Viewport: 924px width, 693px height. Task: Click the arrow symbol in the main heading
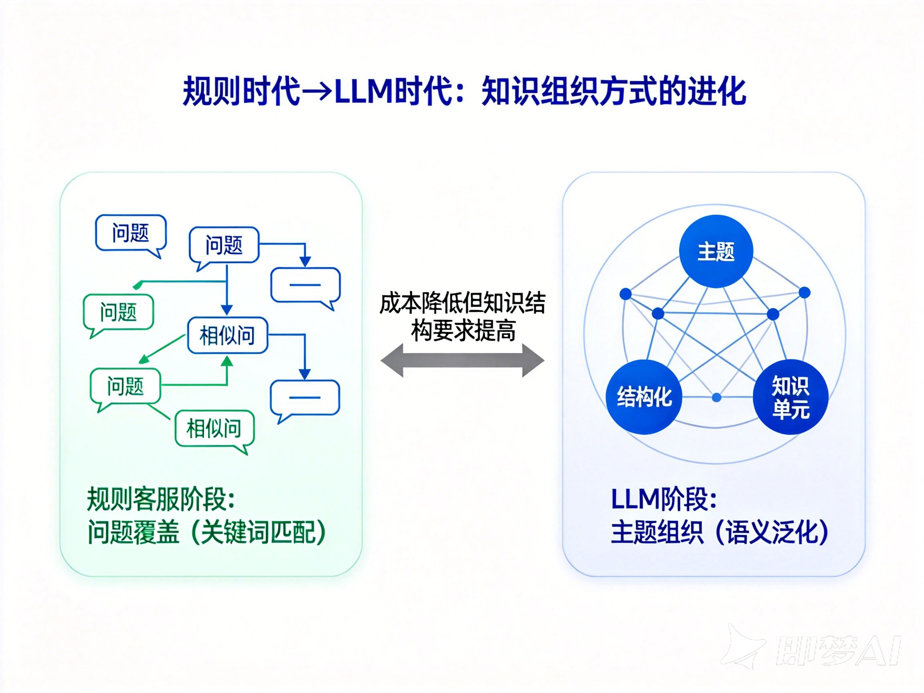click(317, 91)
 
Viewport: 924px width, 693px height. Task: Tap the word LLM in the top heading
click(362, 91)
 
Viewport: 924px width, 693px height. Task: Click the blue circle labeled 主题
click(715, 251)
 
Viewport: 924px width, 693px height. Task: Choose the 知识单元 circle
click(790, 397)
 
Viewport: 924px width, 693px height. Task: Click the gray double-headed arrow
click(462, 360)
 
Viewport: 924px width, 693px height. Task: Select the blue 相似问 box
click(227, 335)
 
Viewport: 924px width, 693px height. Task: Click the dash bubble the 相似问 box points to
click(305, 398)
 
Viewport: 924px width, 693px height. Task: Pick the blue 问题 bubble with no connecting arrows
click(131, 233)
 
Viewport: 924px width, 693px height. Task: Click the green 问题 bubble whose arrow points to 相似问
click(125, 386)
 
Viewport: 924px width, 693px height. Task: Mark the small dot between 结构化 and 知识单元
click(716, 397)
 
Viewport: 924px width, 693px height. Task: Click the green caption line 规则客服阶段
click(160, 499)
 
